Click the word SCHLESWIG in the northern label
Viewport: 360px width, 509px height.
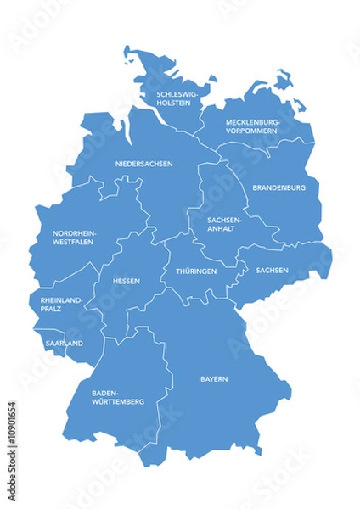point(175,95)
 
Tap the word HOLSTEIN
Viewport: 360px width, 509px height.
point(174,104)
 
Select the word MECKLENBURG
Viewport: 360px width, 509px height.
point(252,122)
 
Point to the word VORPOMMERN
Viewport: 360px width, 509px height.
point(252,131)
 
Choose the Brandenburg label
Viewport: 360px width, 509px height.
point(279,187)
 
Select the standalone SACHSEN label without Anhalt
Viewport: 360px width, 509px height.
point(272,271)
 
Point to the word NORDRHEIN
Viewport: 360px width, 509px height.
point(74,232)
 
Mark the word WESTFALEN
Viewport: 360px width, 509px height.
point(73,242)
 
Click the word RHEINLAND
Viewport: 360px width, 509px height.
point(62,300)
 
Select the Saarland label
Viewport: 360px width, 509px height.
point(64,344)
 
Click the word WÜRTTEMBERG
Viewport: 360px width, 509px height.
point(118,402)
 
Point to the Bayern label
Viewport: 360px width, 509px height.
point(214,379)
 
